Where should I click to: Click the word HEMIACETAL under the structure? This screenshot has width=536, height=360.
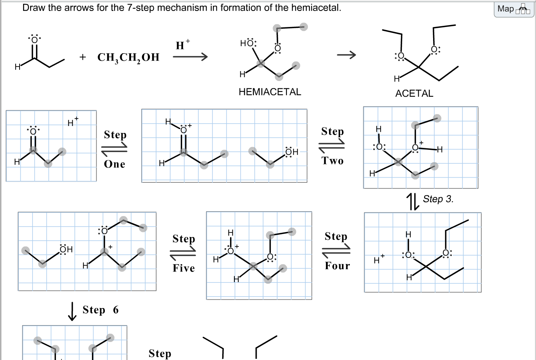click(x=270, y=92)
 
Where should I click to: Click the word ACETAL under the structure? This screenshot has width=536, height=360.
click(x=414, y=94)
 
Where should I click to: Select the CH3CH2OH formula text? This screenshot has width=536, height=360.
click(x=128, y=58)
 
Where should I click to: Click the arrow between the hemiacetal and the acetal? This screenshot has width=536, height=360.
click(x=347, y=55)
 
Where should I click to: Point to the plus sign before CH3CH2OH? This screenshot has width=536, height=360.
click(x=83, y=57)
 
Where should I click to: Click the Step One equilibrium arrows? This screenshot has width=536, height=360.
click(x=114, y=149)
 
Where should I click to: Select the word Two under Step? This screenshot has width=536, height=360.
click(x=333, y=161)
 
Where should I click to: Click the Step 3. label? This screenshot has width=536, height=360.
click(x=438, y=199)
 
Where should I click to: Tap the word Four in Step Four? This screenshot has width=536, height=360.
click(x=337, y=266)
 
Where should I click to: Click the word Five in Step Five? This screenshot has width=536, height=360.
click(x=183, y=268)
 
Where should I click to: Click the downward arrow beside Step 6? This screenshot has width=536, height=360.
click(x=72, y=311)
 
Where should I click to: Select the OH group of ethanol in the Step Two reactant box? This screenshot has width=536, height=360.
click(x=291, y=152)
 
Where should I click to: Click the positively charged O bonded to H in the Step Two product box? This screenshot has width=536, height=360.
click(x=415, y=148)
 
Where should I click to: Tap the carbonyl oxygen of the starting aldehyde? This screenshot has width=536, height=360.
click(x=34, y=40)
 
